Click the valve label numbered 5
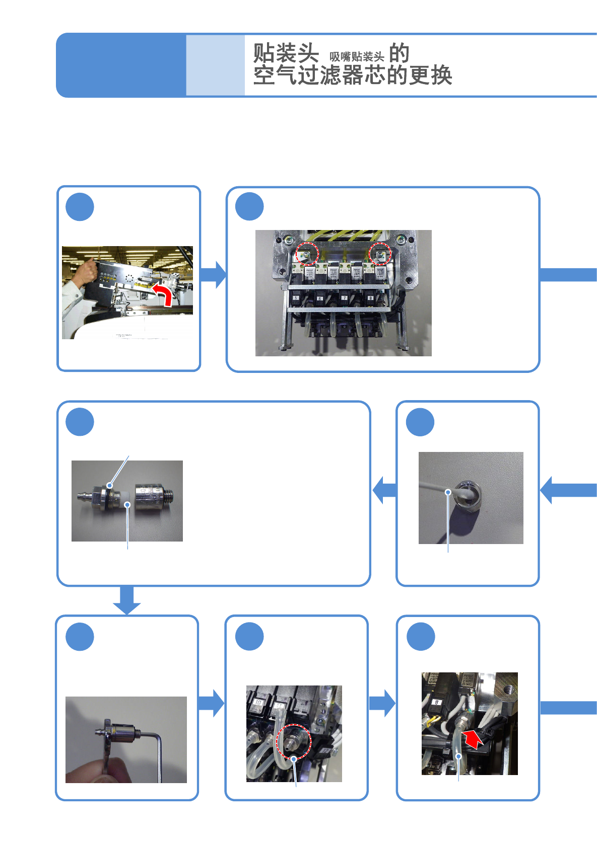point(296,298)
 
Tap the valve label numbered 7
point(344,298)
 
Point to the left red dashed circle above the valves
point(307,254)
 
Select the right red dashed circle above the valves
point(380,254)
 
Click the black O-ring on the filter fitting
point(109,488)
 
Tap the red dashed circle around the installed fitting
point(294,741)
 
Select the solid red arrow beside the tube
point(473,739)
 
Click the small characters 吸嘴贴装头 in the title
point(357,57)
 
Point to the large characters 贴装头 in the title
point(286,53)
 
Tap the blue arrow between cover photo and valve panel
point(214,274)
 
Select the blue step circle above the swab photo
point(420,422)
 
